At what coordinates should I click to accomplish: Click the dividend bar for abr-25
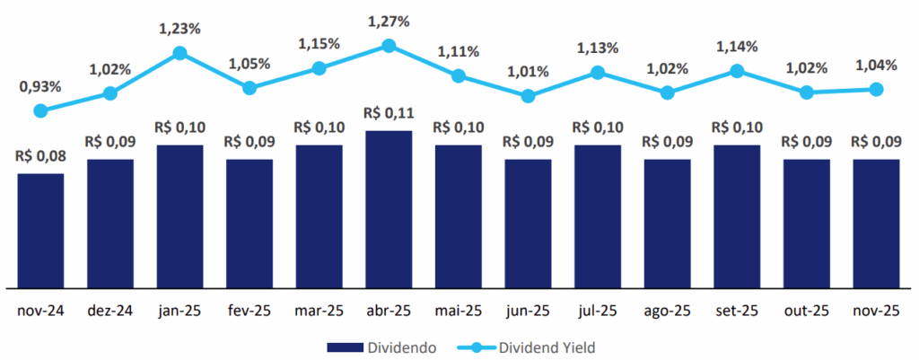tap(389, 208)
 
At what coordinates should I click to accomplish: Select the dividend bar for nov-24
tap(40, 230)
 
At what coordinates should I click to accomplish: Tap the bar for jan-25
tap(179, 215)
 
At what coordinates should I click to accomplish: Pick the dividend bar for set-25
tap(737, 215)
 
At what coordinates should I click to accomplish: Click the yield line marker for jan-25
tap(179, 53)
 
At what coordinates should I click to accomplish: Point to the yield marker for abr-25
tap(389, 45)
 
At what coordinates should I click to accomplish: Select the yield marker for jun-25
tap(528, 95)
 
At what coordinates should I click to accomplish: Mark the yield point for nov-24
tap(40, 110)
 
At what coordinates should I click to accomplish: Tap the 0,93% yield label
tap(40, 86)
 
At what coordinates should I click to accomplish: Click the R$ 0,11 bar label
tap(389, 113)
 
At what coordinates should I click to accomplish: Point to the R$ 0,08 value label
tap(40, 155)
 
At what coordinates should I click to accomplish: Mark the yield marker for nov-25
tap(877, 89)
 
